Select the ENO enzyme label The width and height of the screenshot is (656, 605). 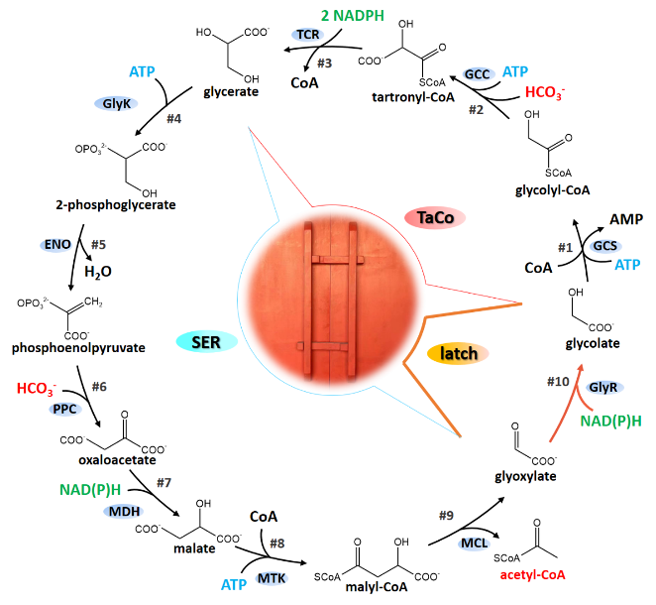pos(56,243)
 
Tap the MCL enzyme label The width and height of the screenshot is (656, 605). pos(473,544)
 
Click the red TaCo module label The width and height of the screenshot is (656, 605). pos(435,218)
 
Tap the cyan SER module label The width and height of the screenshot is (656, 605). pos(206,342)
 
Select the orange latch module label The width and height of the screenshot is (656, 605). pos(460,353)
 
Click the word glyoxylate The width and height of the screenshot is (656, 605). pos(524,476)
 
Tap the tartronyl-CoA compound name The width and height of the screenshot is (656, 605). pos(414,96)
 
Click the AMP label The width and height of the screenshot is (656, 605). pos(626,218)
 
